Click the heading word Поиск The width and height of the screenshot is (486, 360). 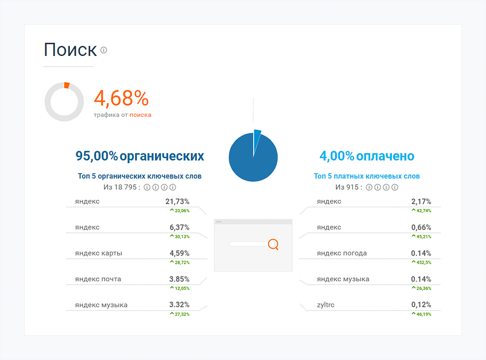point(70,50)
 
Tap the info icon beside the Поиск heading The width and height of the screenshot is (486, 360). point(104,50)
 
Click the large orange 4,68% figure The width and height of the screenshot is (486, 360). point(121,99)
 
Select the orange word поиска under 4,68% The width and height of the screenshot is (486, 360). point(140,115)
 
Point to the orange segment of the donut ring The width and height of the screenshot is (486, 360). point(67,85)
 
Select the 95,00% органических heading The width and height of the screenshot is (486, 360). point(139,156)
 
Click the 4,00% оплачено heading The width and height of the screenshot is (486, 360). point(366,156)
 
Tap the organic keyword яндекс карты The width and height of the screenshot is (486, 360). point(99,253)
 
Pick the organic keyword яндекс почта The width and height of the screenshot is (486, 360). point(98,279)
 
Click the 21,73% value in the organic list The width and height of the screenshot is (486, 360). point(177,201)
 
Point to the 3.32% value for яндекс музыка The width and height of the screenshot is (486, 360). point(179,305)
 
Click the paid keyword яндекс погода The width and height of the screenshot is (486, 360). point(342,253)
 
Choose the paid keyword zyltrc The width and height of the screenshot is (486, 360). point(326,305)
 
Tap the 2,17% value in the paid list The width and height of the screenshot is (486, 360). point(421,201)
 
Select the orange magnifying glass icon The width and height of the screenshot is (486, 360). point(273,244)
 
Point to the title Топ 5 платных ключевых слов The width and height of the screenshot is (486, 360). point(366,176)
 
